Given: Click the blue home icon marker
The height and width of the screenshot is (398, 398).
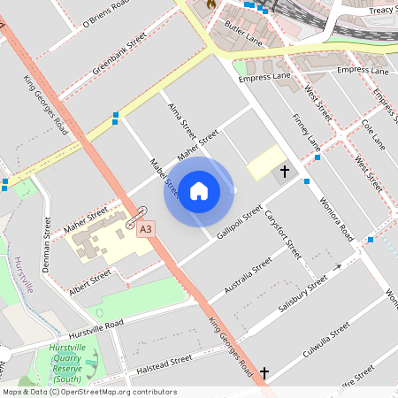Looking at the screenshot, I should pos(199,191).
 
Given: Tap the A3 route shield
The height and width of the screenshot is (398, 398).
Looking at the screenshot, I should pos(146,229).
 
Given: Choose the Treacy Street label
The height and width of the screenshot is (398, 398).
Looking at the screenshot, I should pos(380,10).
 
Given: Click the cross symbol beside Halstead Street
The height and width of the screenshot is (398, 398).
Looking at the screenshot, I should pos(264,374).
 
